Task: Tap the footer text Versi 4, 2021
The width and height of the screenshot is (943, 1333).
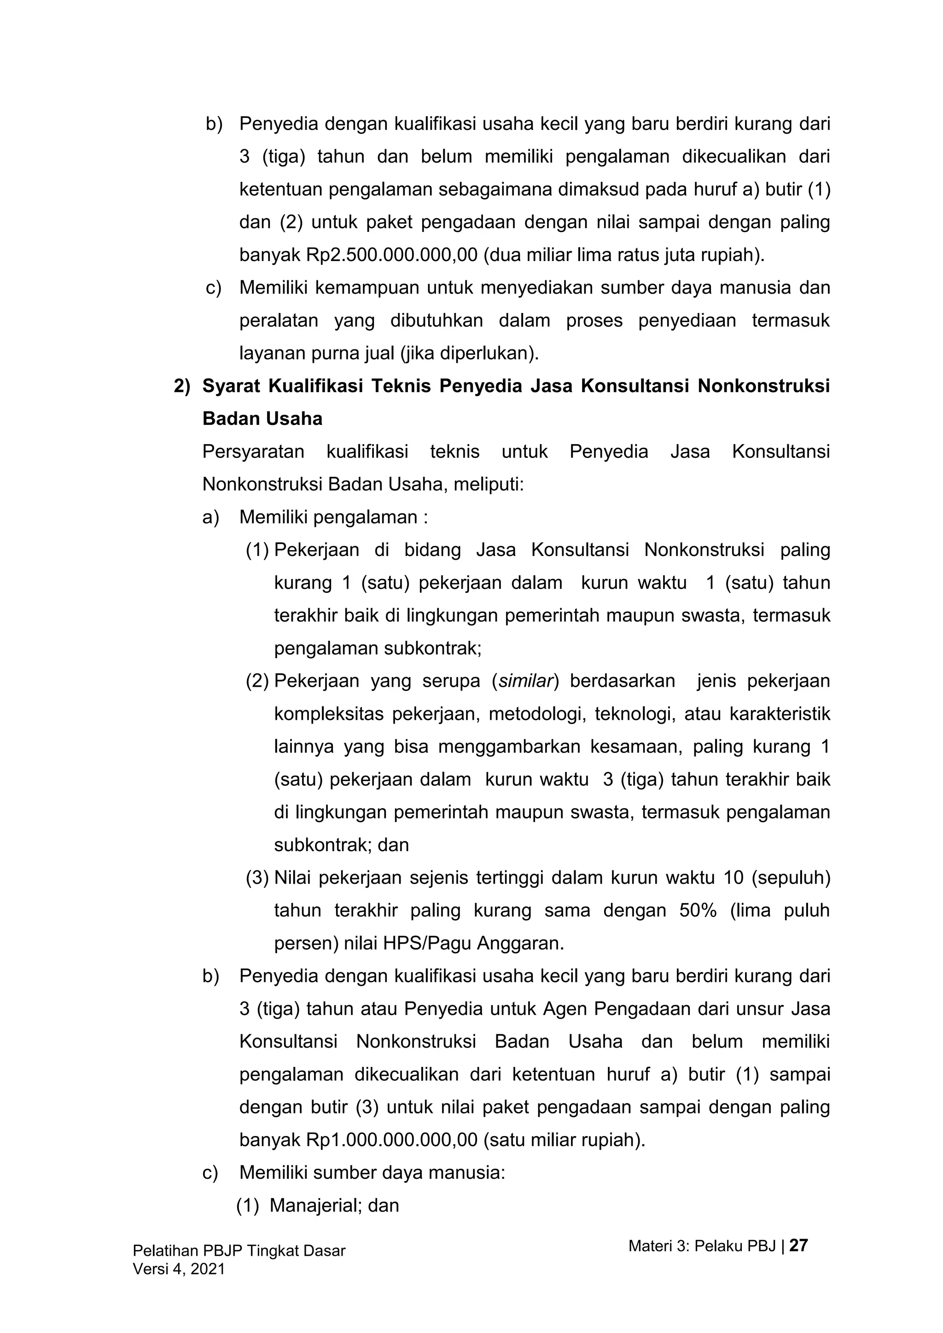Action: tap(179, 1269)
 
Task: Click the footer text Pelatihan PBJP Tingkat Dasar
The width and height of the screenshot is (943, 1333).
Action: tap(239, 1251)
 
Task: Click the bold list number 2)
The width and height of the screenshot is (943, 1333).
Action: tap(182, 386)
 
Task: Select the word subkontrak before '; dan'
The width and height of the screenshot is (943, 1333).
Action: tap(323, 845)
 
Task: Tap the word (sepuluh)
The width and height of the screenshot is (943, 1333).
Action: tap(791, 878)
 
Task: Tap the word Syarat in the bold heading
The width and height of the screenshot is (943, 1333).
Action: tap(231, 386)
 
